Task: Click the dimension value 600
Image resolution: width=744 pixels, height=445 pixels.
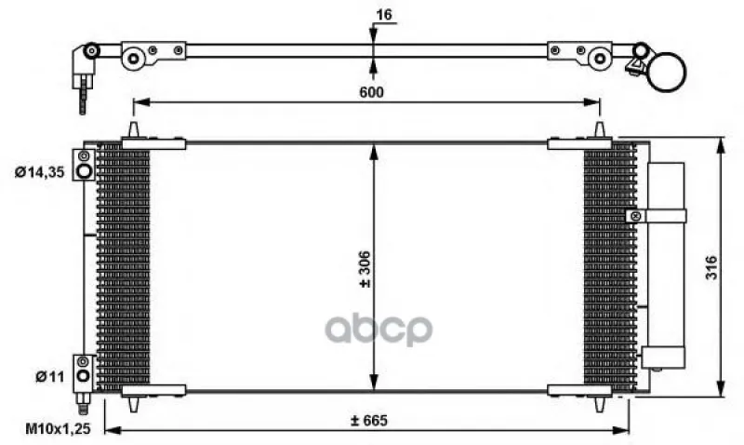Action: pos(371,91)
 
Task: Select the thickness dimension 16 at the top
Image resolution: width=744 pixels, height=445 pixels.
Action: pos(384,15)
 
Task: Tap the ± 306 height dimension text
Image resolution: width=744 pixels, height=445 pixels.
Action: pos(365,269)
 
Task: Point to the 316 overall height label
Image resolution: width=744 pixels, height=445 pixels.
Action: pos(711,267)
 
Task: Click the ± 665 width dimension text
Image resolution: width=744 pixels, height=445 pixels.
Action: pos(368,420)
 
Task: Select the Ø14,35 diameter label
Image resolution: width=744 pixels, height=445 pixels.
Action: pos(39,172)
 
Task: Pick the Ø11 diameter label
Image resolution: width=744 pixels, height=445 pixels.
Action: pos(49,377)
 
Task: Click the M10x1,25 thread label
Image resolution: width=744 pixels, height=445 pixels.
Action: pos(58,429)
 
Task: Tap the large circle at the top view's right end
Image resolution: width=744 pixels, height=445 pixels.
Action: pos(666,72)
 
